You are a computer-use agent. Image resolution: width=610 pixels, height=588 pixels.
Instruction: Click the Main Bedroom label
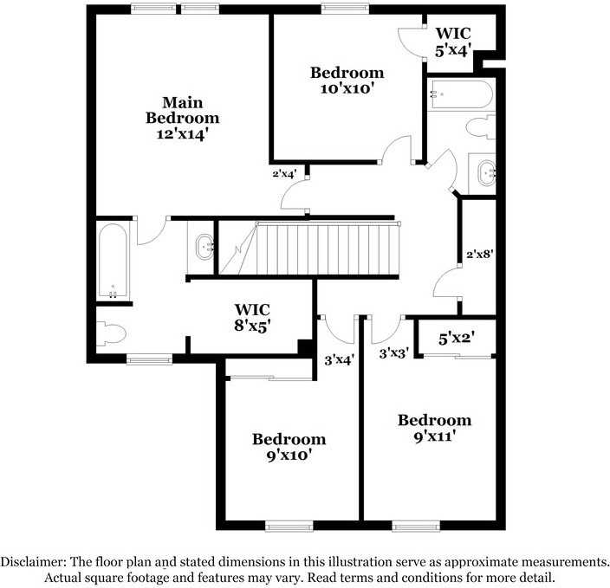pos(182,109)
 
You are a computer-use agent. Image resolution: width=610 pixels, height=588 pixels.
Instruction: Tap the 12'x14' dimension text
pos(182,135)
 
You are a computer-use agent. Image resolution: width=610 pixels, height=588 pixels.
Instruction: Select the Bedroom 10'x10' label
pos(347,80)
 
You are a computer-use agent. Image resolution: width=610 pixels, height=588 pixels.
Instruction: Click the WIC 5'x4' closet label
pos(452,42)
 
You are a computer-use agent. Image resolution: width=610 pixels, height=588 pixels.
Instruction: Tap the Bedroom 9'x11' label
pos(434,428)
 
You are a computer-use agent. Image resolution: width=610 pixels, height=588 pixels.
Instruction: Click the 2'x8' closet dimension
pos(479,255)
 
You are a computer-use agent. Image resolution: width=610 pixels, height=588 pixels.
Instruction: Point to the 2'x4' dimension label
pos(284,173)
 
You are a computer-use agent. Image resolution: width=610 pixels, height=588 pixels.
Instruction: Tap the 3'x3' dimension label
pos(394,353)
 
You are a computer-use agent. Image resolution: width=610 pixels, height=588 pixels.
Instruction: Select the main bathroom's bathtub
pos(114,260)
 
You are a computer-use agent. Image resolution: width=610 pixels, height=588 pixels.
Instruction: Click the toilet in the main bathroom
pos(111,333)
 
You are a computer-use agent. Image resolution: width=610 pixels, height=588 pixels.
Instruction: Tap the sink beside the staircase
pos(204,247)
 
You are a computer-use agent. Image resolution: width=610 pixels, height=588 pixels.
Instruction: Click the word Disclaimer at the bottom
pos(35,561)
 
